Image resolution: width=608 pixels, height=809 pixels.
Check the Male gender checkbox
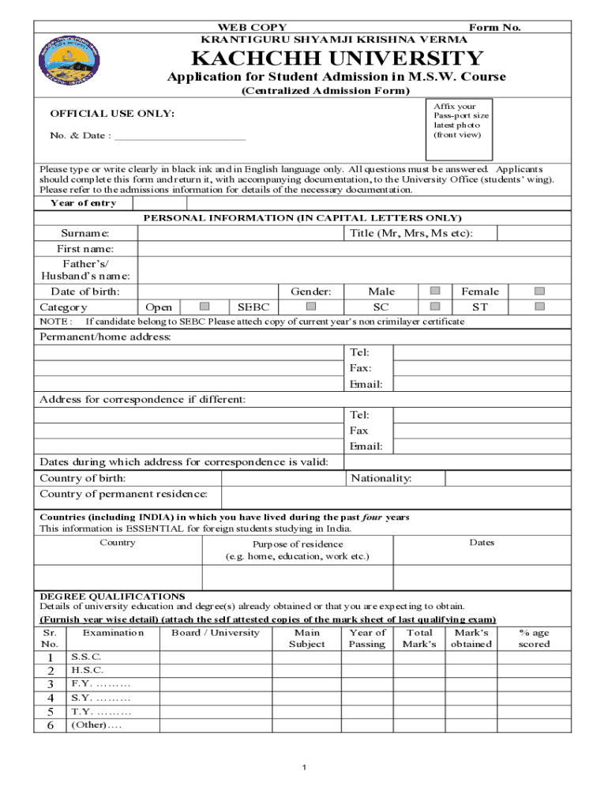(434, 292)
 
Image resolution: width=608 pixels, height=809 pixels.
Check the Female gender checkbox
(540, 292)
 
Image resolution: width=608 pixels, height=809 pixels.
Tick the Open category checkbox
(205, 307)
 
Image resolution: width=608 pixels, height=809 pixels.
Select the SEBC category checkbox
(311, 307)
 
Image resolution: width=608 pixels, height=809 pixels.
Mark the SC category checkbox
(434, 307)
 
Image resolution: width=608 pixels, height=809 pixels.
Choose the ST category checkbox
(540, 307)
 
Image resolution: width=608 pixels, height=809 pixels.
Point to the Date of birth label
(86, 292)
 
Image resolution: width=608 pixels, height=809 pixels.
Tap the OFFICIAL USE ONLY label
(113, 115)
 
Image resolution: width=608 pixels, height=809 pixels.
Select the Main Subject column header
(307, 638)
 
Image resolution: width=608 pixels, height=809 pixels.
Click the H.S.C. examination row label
(87, 670)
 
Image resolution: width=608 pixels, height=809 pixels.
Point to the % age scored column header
(534, 638)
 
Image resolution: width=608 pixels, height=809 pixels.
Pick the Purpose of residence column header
(298, 550)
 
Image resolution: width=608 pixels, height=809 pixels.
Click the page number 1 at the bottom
(305, 768)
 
